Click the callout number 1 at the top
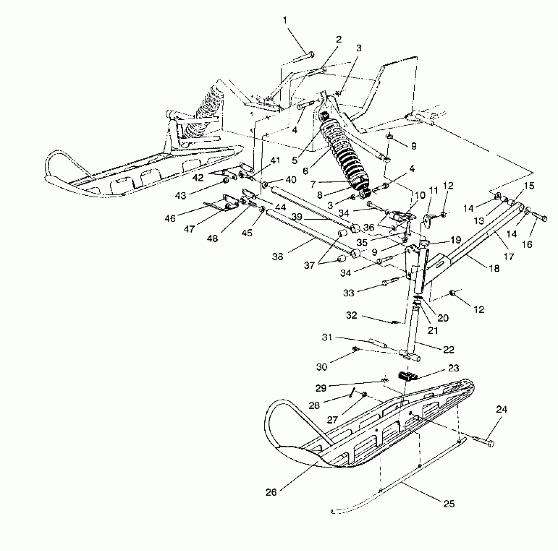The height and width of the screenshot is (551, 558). (x=285, y=21)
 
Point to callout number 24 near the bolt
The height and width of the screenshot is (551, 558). (x=501, y=410)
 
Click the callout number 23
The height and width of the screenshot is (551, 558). (x=454, y=368)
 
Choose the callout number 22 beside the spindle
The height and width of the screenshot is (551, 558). (x=449, y=350)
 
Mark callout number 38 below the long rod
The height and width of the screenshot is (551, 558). (x=278, y=257)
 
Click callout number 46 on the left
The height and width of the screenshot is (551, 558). (x=170, y=218)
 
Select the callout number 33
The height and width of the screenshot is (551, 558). (x=349, y=293)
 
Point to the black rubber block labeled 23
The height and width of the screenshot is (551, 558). (x=407, y=377)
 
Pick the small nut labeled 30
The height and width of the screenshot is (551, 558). (x=355, y=349)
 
